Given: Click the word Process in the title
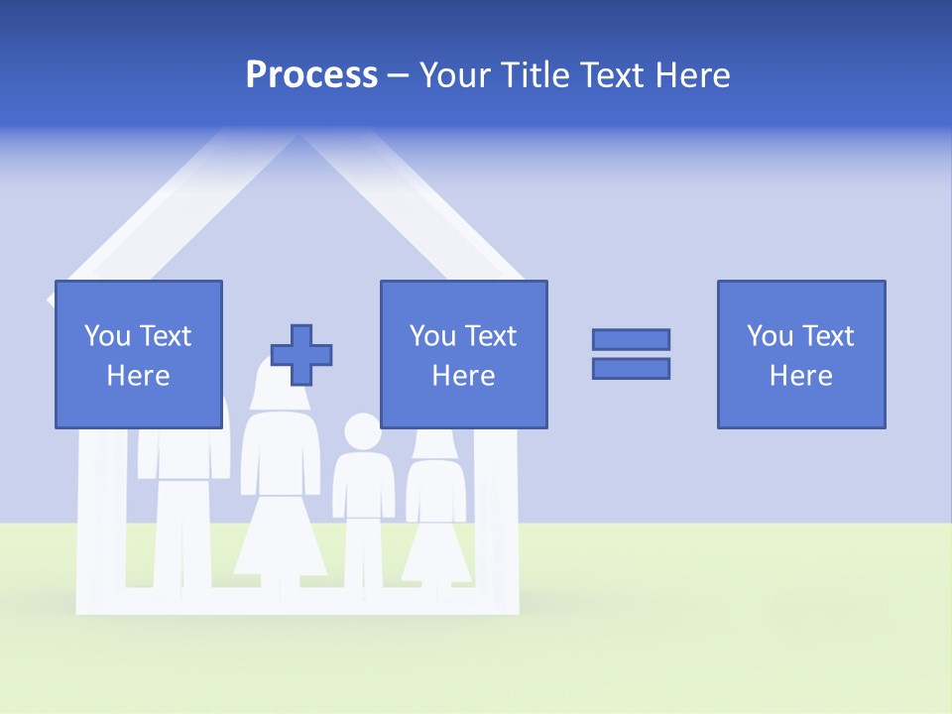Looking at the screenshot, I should (311, 75).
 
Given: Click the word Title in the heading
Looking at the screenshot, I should (535, 75).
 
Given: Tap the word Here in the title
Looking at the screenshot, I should (692, 75).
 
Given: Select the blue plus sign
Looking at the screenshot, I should (301, 355).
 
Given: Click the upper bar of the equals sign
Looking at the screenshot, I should (631, 339).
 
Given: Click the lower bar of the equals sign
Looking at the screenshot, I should (631, 368).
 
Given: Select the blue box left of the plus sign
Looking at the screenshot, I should (139, 354).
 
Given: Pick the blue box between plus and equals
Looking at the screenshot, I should (463, 354).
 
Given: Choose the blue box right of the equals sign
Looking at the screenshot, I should (801, 354).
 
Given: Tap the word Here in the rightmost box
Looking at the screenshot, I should (801, 376).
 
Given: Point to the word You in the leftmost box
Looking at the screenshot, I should (107, 336).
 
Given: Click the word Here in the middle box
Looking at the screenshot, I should (463, 376).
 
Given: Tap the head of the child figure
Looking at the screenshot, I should (362, 432).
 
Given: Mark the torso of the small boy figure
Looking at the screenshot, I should (363, 486).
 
